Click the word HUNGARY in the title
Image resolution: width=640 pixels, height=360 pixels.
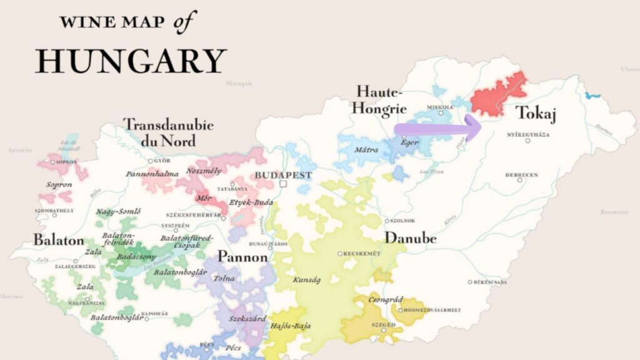click(130, 61)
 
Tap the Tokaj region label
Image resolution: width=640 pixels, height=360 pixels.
click(536, 114)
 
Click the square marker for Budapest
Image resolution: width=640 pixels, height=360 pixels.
click(283, 184)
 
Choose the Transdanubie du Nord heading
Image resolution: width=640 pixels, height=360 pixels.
click(167, 132)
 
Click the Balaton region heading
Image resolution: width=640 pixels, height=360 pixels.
click(58, 240)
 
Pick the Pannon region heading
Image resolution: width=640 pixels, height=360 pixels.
click(242, 257)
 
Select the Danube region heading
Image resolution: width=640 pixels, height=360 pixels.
click(410, 238)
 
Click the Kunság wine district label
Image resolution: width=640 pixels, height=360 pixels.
click(306, 279)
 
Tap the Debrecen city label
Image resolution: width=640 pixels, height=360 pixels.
click(521, 175)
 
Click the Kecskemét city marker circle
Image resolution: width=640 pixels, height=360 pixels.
click(339, 254)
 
